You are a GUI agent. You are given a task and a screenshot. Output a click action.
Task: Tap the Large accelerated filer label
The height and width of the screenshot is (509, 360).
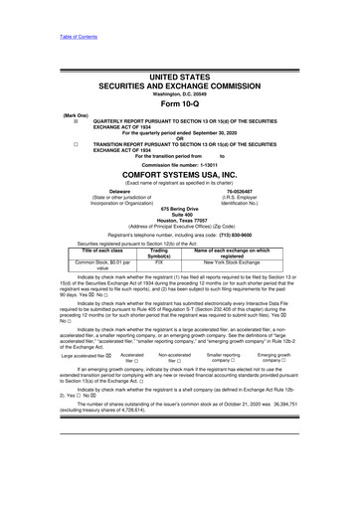click(x=71, y=354)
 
